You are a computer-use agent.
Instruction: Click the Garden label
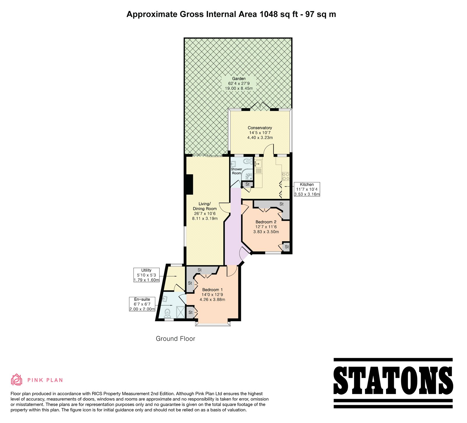click(239, 78)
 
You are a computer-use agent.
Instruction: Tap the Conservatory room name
click(260, 128)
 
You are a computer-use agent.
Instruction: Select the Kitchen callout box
click(307, 189)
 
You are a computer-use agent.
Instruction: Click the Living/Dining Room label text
click(205, 206)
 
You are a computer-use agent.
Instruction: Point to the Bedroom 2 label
click(266, 222)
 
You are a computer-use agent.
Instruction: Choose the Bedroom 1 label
click(212, 290)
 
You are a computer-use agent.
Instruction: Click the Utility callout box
click(147, 275)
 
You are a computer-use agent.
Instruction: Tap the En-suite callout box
click(142, 304)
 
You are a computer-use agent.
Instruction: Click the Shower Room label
click(236, 171)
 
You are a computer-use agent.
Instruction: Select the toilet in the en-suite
click(168, 313)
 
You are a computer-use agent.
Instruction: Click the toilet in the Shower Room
click(247, 160)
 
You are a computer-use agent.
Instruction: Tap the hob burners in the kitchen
click(285, 176)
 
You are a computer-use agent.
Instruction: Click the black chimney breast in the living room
click(190, 184)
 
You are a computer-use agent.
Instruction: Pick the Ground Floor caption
click(175, 339)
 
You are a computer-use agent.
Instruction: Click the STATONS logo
click(393, 383)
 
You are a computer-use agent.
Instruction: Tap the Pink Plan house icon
click(17, 380)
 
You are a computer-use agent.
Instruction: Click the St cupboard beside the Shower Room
click(248, 184)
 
